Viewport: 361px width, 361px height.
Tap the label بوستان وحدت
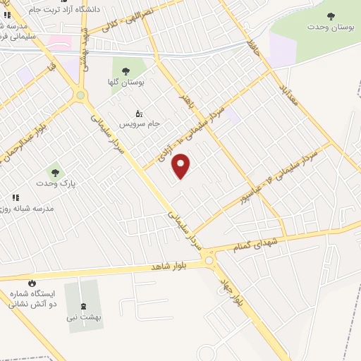coord(331,27)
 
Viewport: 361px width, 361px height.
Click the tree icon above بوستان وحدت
coord(331,16)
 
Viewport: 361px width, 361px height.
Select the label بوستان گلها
coord(128,82)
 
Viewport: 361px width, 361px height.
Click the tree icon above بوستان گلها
coord(126,71)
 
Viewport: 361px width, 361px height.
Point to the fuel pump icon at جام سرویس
coord(139,113)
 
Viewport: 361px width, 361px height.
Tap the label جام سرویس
coord(140,123)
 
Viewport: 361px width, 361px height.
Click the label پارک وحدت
coord(56,183)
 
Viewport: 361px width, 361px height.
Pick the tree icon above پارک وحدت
coord(55,172)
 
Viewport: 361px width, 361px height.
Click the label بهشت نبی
coord(85,317)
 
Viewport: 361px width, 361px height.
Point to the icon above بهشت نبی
coord(85,306)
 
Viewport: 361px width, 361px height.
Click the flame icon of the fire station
coord(31,282)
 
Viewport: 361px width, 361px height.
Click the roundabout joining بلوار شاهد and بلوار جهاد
coord(209,261)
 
